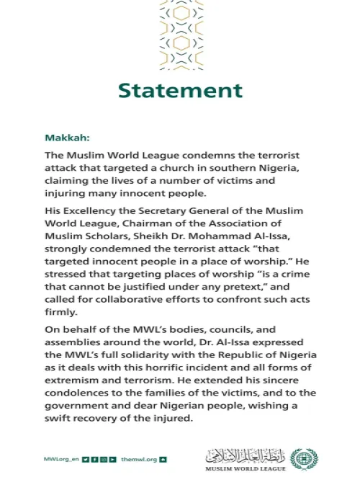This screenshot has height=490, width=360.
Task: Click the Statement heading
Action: pos(180,90)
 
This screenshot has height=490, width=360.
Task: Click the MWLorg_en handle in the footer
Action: pos(60,458)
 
